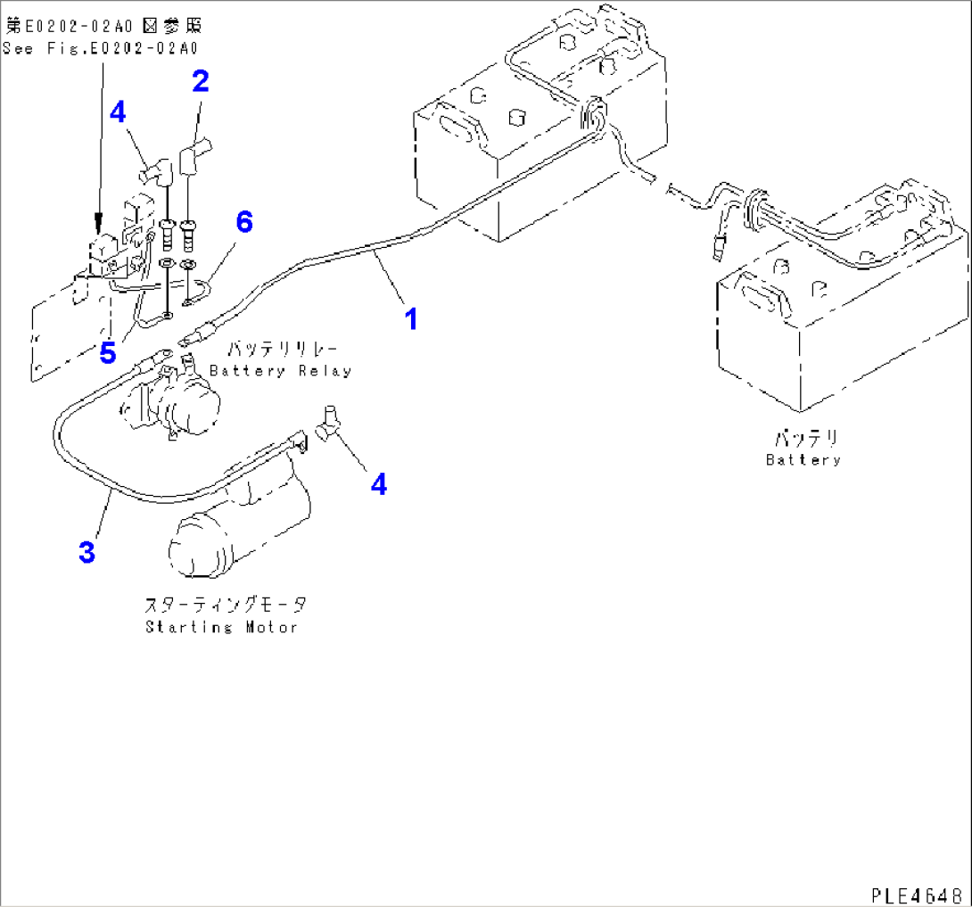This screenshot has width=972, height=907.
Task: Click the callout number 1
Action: pyautogui.click(x=411, y=317)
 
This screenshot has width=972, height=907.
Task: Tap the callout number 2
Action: pyautogui.click(x=201, y=82)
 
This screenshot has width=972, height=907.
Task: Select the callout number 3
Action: pyautogui.click(x=86, y=553)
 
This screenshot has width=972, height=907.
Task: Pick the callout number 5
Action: pyautogui.click(x=107, y=353)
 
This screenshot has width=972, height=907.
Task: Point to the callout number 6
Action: pyautogui.click(x=244, y=222)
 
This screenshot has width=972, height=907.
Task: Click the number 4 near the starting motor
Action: pyautogui.click(x=379, y=484)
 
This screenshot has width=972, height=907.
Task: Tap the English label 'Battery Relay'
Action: pyautogui.click(x=280, y=371)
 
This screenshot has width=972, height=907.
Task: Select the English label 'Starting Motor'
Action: pyautogui.click(x=221, y=627)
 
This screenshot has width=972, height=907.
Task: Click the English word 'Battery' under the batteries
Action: pyautogui.click(x=803, y=460)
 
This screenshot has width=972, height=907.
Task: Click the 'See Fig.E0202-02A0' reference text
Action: pyautogui.click(x=100, y=49)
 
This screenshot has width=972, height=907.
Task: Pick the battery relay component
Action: pyautogui.click(x=174, y=406)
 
